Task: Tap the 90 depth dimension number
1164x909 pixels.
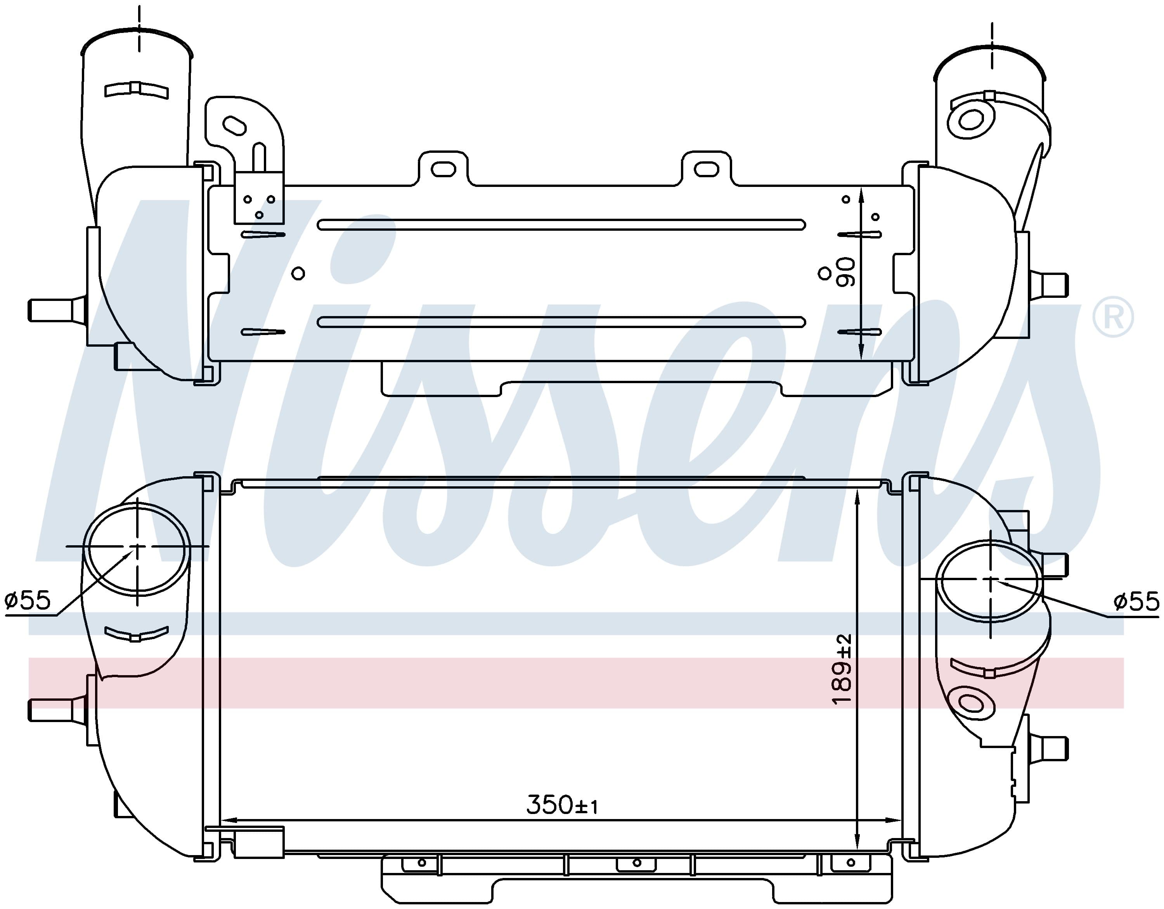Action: (x=846, y=272)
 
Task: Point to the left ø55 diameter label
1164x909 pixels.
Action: (x=27, y=600)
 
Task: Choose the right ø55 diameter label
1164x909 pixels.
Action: (x=1136, y=601)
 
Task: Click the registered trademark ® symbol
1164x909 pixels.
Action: (x=1113, y=318)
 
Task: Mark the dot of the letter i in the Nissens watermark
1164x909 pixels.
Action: (x=363, y=247)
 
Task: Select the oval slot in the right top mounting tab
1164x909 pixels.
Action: (x=707, y=168)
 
